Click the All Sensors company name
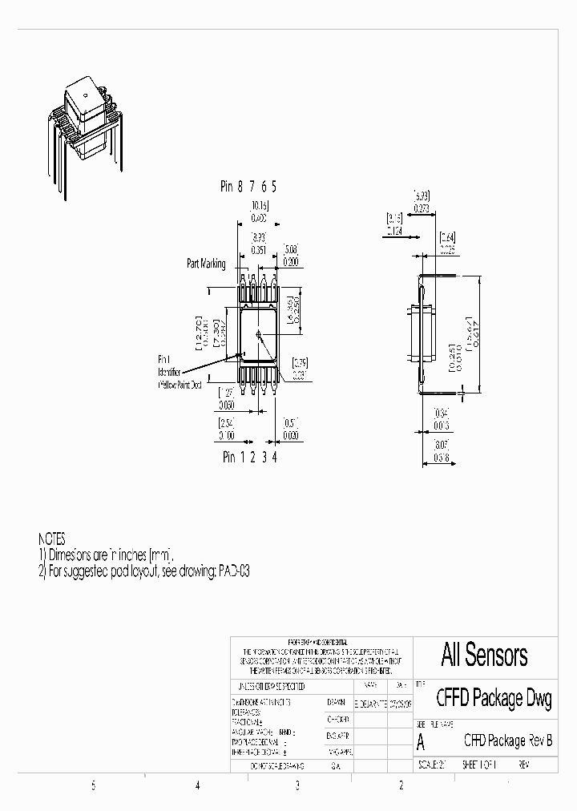pos(484,656)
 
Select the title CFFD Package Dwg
pos(494,699)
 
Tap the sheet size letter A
pos(422,742)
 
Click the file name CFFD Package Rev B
pos(508,740)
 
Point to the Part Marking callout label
pos(206,264)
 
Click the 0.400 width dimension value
pos(257,218)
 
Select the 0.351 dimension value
pos(258,250)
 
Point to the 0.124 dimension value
pos(394,231)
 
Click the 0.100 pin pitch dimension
pos(228,436)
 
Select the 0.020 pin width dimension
pos(291,436)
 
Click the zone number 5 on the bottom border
pos(94,786)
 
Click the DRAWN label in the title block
pos(336,701)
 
